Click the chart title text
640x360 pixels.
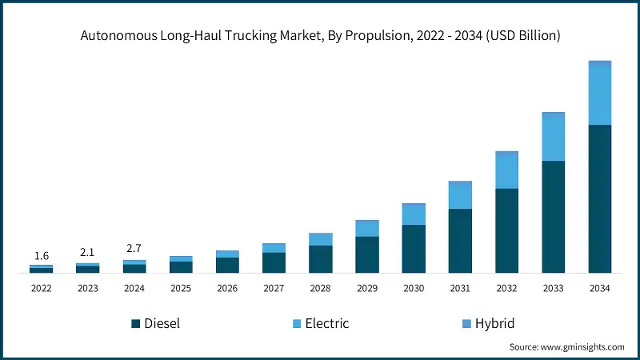(x=320, y=35)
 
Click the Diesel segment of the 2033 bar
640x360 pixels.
(x=553, y=217)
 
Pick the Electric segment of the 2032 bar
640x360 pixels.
(x=506, y=170)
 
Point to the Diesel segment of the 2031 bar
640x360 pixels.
(x=460, y=241)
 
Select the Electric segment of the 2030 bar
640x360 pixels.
(x=414, y=214)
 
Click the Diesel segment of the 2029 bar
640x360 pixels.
(x=367, y=254)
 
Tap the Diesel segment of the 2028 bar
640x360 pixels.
(x=321, y=259)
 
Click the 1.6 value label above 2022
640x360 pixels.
(x=42, y=256)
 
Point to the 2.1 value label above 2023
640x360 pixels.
(x=88, y=254)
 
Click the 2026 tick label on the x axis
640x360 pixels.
(x=227, y=288)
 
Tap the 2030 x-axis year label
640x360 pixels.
(x=414, y=288)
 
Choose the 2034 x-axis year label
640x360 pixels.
(x=599, y=288)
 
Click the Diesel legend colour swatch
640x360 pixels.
(x=136, y=324)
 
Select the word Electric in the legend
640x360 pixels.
(x=327, y=324)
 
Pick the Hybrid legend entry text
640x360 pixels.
(x=494, y=324)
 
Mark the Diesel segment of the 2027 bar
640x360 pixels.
(x=274, y=263)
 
